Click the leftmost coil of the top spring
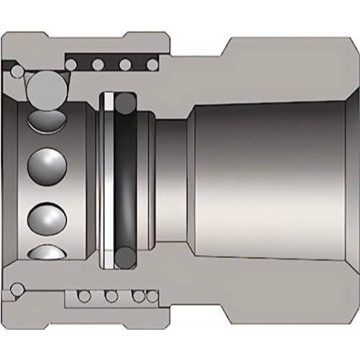pyautogui.click(x=71, y=66)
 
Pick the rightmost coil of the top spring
pyautogui.click(x=151, y=66)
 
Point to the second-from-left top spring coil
pyautogui.click(x=98, y=66)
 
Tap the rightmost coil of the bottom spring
pyautogui.click(x=153, y=295)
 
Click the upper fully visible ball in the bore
pyautogui.click(x=43, y=166)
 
